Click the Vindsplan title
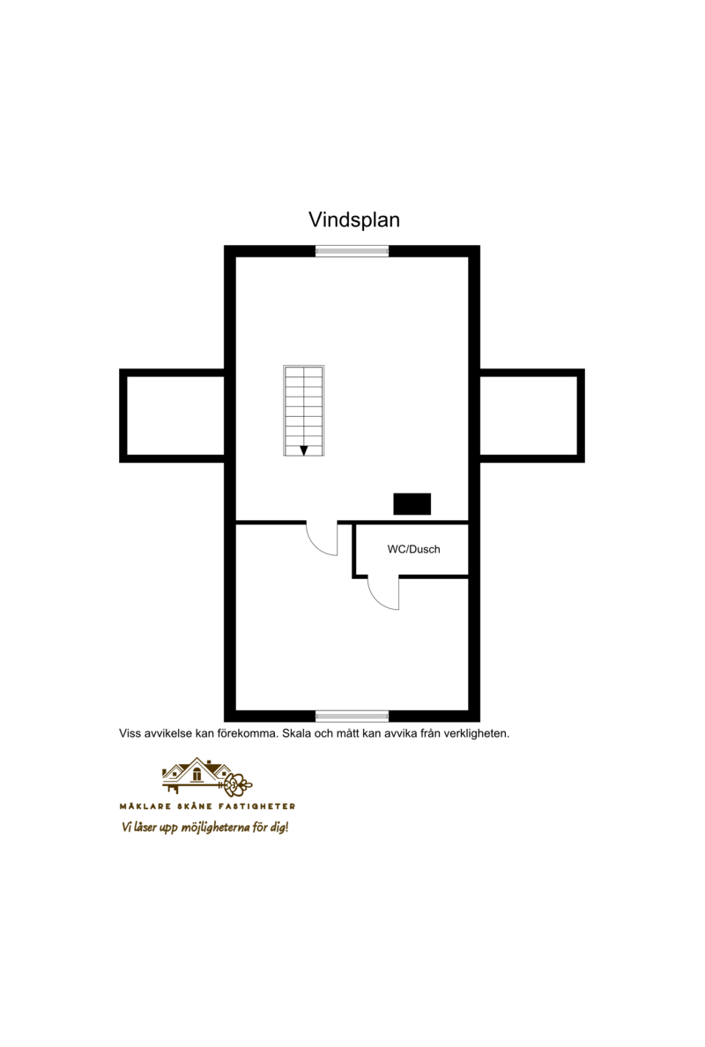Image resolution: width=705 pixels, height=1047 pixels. (354, 219)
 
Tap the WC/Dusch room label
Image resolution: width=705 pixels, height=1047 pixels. (414, 550)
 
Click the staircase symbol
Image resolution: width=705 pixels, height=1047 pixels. (304, 411)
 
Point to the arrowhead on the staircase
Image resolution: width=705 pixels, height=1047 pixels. (304, 450)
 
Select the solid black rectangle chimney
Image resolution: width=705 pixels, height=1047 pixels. (412, 504)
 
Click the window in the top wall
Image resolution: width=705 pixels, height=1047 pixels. (352, 251)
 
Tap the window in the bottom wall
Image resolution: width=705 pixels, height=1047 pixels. (352, 717)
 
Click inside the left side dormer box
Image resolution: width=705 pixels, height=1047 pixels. (175, 415)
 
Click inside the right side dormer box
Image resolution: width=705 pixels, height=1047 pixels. (530, 415)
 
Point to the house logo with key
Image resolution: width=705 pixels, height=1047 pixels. (207, 777)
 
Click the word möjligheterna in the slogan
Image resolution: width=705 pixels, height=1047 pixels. (216, 828)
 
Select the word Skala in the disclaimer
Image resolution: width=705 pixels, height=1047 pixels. (296, 733)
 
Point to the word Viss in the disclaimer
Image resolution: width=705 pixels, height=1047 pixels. (130, 733)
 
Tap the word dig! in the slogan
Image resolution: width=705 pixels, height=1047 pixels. (279, 828)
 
